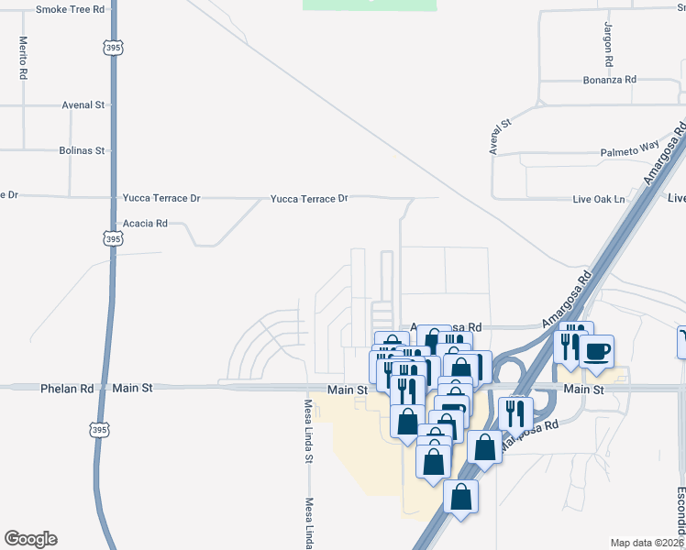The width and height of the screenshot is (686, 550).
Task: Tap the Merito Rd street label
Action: point(22,59)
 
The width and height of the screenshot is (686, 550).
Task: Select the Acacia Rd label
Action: point(146,223)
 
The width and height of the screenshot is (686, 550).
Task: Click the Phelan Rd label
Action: point(67,389)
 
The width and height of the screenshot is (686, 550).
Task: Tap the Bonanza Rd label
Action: point(609,81)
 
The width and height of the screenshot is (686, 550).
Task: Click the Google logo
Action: point(30,539)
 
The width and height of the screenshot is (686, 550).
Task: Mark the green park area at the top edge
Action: point(370,5)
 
